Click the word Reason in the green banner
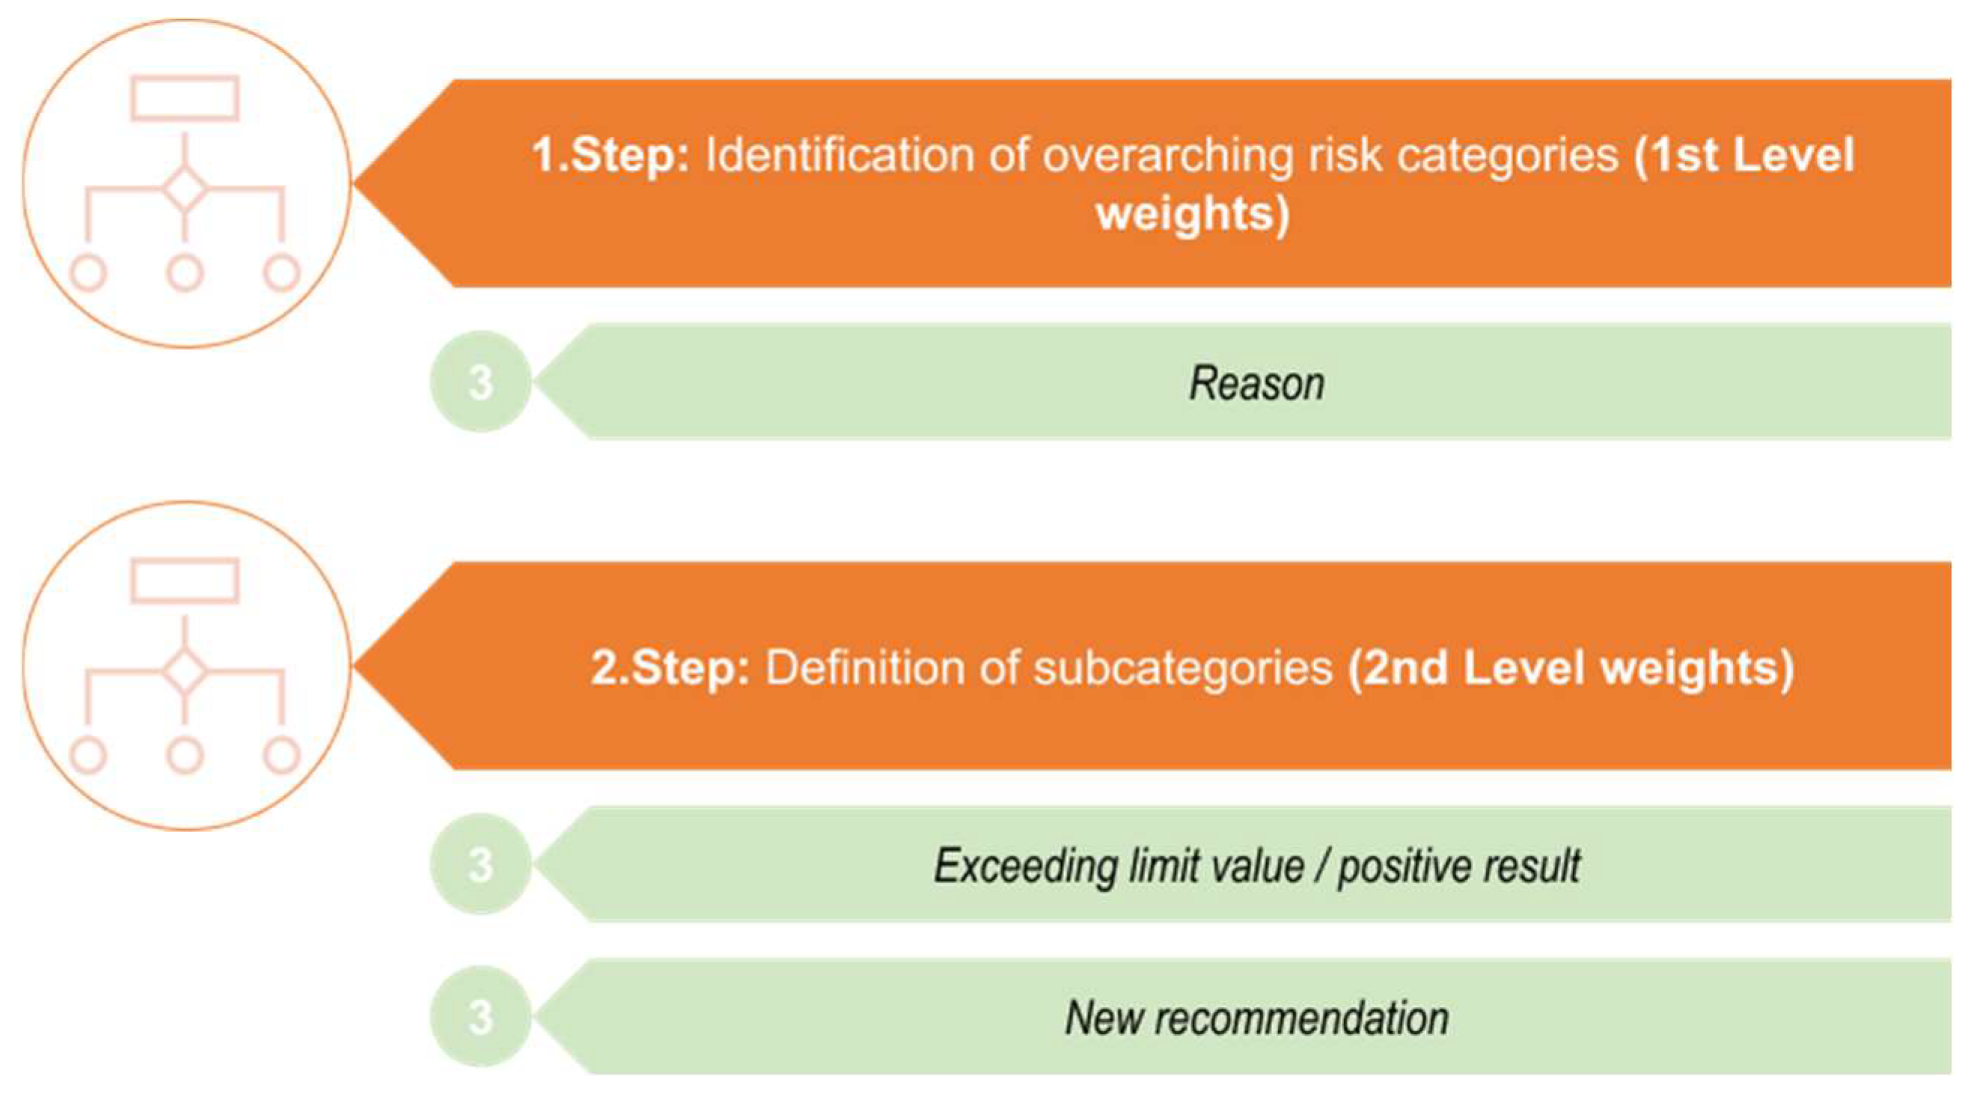pyautogui.click(x=1256, y=383)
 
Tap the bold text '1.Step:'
pyautogui.click(x=611, y=156)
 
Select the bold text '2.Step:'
pyautogui.click(x=670, y=667)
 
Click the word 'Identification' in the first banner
pyautogui.click(x=840, y=156)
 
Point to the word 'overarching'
pyautogui.click(x=1167, y=156)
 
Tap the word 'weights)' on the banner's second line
pyautogui.click(x=1193, y=213)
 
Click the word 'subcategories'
pyautogui.click(x=1183, y=667)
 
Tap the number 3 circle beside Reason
pyautogui.click(x=480, y=382)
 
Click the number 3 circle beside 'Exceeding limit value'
pyautogui.click(x=480, y=865)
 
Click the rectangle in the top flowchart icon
pyautogui.click(x=184, y=98)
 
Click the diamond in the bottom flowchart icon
pyautogui.click(x=184, y=670)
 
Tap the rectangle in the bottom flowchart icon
pyautogui.click(x=184, y=581)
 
